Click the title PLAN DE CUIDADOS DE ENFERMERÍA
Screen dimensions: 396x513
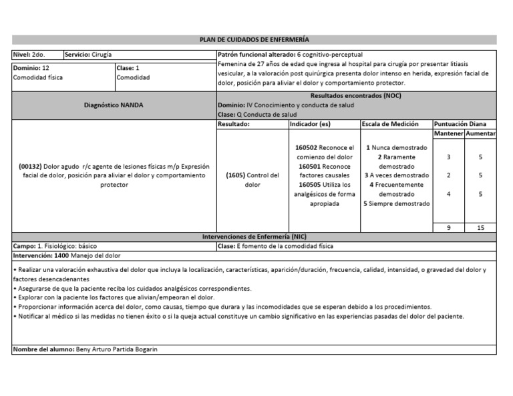pyautogui.click(x=254, y=40)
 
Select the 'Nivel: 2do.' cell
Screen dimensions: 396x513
pyautogui.click(x=29, y=54)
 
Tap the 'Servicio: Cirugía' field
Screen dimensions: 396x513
pyautogui.click(x=93, y=54)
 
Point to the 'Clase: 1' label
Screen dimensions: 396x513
pyautogui.click(x=128, y=68)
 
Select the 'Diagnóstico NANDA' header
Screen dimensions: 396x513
pyautogui.click(x=114, y=105)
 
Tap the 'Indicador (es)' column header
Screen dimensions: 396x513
pyautogui.click(x=311, y=124)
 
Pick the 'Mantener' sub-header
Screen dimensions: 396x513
pyautogui.click(x=448, y=134)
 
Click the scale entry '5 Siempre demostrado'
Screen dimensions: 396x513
pyautogui.click(x=397, y=203)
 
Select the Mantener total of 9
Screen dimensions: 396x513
pyautogui.click(x=448, y=228)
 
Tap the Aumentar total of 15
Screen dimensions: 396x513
pyautogui.click(x=480, y=228)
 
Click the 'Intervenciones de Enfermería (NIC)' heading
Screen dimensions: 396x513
pyautogui.click(x=254, y=237)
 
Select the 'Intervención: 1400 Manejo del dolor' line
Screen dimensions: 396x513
pyautogui.click(x=67, y=255)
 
